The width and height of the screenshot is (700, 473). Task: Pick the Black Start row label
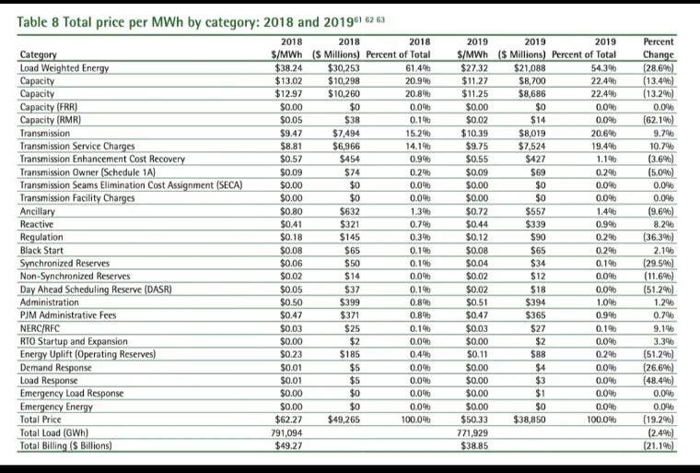point(42,250)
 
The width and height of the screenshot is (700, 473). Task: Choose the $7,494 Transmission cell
point(343,133)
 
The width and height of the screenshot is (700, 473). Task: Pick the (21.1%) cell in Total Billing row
point(656,445)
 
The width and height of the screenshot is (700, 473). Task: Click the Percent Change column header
point(657,48)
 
